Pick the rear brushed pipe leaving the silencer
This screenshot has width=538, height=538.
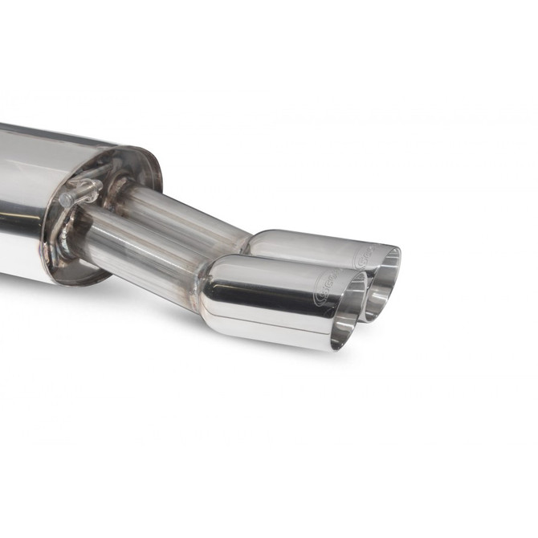[x=185, y=213]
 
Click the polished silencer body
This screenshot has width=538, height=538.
[x=32, y=201]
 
